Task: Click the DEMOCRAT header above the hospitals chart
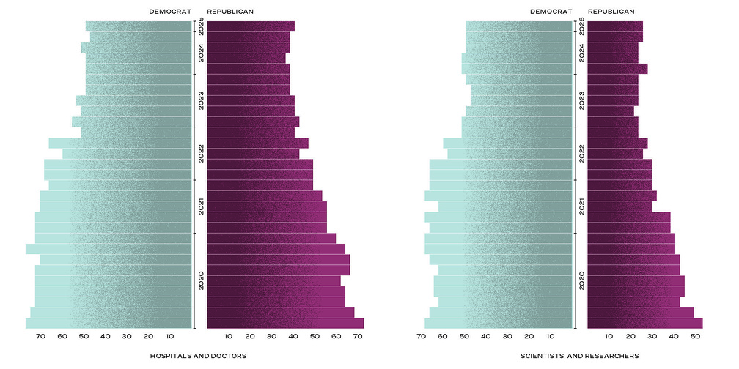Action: click(x=170, y=12)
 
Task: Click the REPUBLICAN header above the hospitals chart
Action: click(x=230, y=12)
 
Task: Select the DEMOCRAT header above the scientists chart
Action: click(x=551, y=12)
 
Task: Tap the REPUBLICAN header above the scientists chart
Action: click(x=611, y=12)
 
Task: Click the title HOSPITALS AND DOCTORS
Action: click(x=198, y=356)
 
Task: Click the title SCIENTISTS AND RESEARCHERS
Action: click(x=579, y=356)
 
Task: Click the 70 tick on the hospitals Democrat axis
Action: click(x=41, y=336)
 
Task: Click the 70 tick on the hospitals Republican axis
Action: click(x=358, y=336)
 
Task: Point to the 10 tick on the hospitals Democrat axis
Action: click(x=170, y=336)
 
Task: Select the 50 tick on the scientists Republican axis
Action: click(x=696, y=336)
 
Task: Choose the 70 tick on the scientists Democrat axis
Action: click(x=422, y=336)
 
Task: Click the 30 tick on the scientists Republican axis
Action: click(x=652, y=336)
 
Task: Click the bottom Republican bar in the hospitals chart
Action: click(x=285, y=324)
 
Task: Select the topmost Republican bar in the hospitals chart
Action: click(x=251, y=26)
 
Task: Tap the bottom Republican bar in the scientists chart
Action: click(x=645, y=324)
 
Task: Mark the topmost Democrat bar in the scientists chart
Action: click(x=518, y=26)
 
